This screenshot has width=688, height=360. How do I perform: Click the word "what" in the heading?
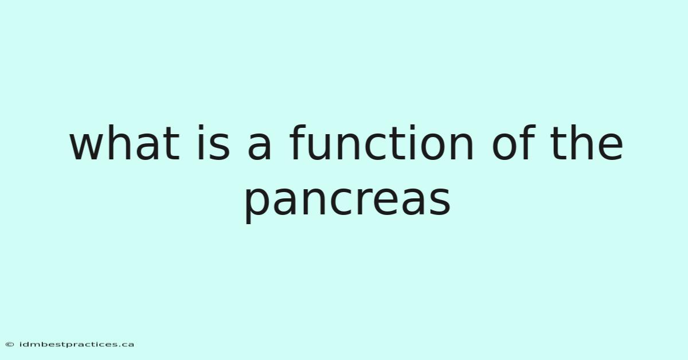click(124, 143)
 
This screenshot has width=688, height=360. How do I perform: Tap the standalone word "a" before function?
click(260, 147)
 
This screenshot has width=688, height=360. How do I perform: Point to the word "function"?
click(381, 143)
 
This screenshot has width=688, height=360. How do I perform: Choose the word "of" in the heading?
click(514, 143)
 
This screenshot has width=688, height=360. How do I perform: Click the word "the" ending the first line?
click(587, 143)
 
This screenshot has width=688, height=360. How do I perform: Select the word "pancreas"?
click(347, 201)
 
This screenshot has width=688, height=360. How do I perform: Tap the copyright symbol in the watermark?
click(10, 345)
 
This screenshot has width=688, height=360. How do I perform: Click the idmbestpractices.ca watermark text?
click(77, 345)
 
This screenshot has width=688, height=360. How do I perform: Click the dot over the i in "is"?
click(201, 127)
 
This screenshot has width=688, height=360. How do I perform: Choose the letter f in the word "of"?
click(528, 142)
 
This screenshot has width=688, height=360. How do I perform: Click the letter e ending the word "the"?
click(611, 147)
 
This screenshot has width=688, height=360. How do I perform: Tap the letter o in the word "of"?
click(504, 147)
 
